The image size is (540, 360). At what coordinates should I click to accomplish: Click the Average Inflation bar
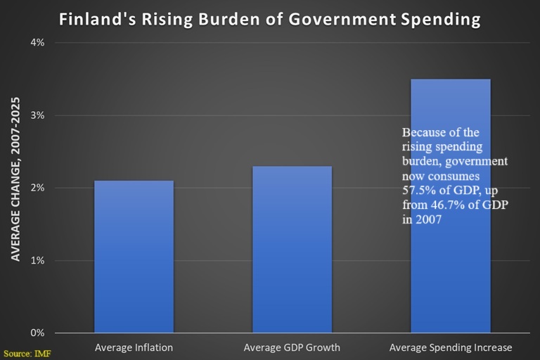pos(134,257)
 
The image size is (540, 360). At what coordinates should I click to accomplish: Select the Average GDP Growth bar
pos(292,250)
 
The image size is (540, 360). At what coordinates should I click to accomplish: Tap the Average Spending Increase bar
pos(451,206)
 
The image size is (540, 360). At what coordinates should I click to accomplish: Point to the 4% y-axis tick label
pos(37,43)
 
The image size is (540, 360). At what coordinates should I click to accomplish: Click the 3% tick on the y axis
pos(37,115)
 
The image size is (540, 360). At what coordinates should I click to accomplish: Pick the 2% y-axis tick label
pos(37,188)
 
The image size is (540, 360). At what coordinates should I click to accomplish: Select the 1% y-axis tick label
pos(37,260)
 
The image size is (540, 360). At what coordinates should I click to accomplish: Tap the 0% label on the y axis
pos(37,333)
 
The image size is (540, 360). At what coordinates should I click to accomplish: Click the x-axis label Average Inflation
pos(134,347)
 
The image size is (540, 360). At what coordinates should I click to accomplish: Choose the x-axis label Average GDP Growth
pos(292,347)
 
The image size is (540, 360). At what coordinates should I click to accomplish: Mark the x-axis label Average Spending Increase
pos(451,347)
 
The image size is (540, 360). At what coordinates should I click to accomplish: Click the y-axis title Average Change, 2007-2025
pos(15,179)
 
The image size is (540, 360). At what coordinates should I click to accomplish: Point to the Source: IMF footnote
pos(27,354)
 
